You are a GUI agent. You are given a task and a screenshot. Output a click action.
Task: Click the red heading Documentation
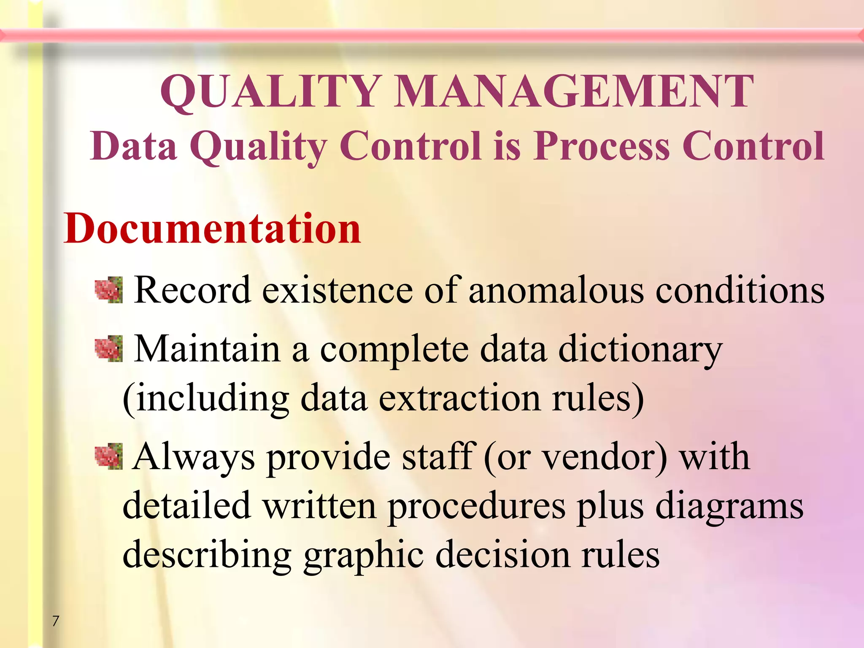[x=212, y=228]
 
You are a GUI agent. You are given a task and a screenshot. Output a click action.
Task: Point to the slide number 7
[x=56, y=621]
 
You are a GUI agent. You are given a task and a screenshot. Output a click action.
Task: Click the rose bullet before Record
[x=108, y=290]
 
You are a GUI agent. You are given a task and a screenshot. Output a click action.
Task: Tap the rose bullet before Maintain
[x=108, y=349]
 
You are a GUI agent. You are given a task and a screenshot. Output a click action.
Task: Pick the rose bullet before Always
[x=108, y=456]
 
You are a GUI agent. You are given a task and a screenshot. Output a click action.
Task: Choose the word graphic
[x=363, y=556]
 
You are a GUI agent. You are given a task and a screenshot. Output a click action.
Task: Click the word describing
[x=207, y=556]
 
